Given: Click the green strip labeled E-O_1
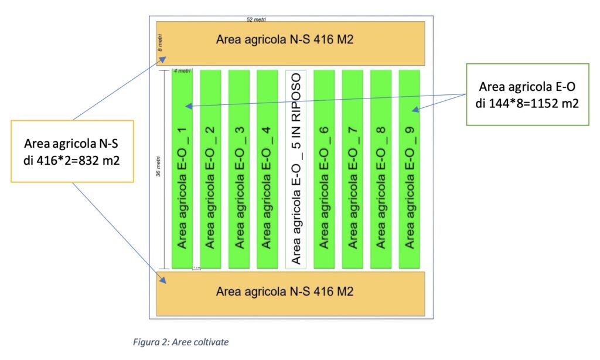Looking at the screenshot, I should pyautogui.click(x=182, y=170).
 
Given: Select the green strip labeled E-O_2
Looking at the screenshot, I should pyautogui.click(x=210, y=170).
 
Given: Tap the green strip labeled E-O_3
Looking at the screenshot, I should pyautogui.click(x=238, y=170).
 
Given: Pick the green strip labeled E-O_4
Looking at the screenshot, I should pyautogui.click(x=267, y=170).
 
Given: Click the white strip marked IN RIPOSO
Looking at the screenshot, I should pyautogui.click(x=296, y=170).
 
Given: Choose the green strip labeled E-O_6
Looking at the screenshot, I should pyautogui.click(x=324, y=170).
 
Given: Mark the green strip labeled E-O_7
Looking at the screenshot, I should pyautogui.click(x=352, y=170).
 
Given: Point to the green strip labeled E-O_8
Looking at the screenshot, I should pyautogui.click(x=381, y=170).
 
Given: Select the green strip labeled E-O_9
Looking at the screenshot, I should pyautogui.click(x=409, y=170).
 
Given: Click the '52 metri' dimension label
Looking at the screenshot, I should pyautogui.click(x=256, y=19).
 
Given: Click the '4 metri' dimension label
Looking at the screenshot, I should pyautogui.click(x=182, y=72).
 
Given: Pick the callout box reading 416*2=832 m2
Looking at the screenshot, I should pyautogui.click(x=72, y=151).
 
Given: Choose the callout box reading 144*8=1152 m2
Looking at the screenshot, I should pyautogui.click(x=527, y=95).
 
